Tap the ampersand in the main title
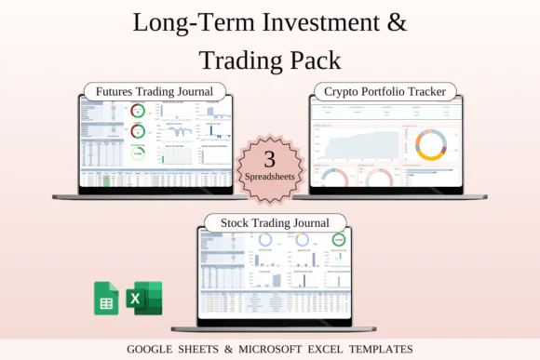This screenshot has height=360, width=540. (397, 22)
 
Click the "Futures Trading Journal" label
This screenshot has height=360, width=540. (155, 91)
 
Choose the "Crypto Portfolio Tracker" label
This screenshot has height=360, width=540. (385, 91)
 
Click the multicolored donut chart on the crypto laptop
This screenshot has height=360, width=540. (430, 143)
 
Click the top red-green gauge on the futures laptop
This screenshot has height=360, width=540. (138, 112)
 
